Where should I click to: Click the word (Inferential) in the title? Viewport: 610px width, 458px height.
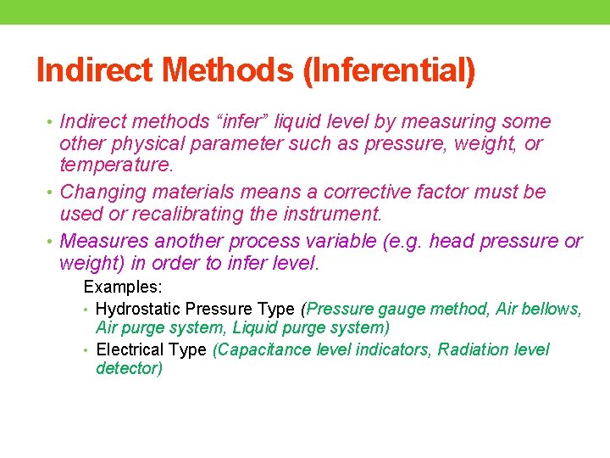(x=390, y=70)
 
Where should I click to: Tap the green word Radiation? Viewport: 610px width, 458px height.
(x=474, y=349)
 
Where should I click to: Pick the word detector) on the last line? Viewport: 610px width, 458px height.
(x=130, y=369)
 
